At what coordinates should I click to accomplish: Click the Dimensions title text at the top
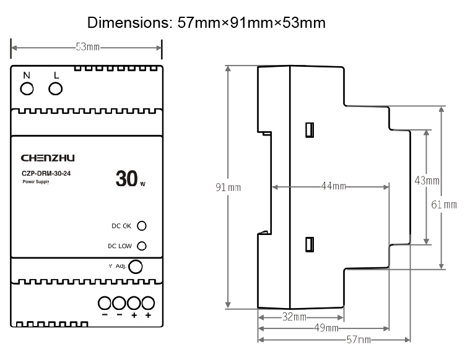(x=207, y=23)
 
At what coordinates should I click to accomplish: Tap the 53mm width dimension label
(x=87, y=48)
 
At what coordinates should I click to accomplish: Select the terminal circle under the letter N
(x=27, y=89)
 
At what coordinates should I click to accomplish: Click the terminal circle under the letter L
(x=56, y=89)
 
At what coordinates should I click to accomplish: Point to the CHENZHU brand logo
(x=48, y=158)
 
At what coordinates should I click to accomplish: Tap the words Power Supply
(x=35, y=182)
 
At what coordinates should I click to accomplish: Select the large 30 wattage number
(x=126, y=179)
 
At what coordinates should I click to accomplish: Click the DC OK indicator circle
(x=141, y=226)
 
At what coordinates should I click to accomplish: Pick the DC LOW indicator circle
(x=141, y=246)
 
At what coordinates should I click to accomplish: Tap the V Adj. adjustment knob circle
(x=135, y=267)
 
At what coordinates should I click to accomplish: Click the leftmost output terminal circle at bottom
(x=103, y=303)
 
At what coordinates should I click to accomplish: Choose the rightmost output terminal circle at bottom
(x=148, y=303)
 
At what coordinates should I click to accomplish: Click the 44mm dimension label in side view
(x=332, y=186)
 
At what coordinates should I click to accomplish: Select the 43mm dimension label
(x=427, y=181)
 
